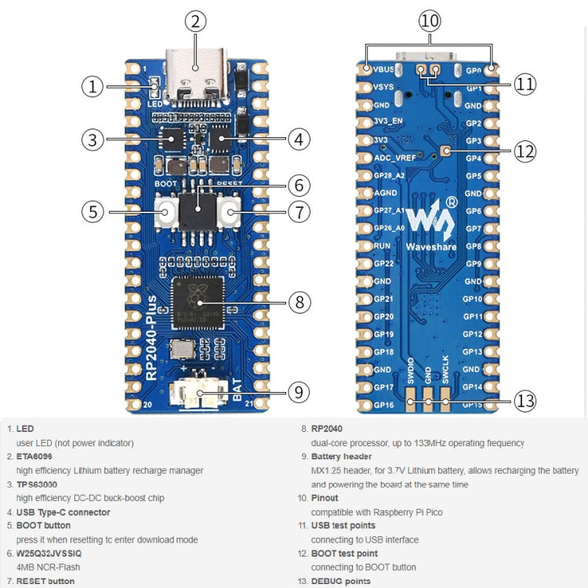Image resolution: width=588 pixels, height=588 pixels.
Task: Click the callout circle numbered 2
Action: click(x=196, y=21)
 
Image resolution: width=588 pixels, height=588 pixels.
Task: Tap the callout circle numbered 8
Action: click(x=299, y=301)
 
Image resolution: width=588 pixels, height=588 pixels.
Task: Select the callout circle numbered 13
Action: click(x=524, y=401)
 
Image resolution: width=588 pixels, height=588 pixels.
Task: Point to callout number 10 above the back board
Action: click(x=430, y=21)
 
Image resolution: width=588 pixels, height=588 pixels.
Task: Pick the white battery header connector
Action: click(x=201, y=395)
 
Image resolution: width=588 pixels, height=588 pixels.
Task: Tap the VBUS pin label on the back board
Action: click(x=386, y=71)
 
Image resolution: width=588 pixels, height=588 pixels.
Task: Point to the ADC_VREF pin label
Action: click(x=394, y=158)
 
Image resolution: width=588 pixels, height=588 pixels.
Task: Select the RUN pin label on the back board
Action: click(x=383, y=245)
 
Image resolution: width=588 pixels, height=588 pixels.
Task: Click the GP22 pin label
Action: click(x=383, y=263)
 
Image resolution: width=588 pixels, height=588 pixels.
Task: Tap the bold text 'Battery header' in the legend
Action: click(x=342, y=456)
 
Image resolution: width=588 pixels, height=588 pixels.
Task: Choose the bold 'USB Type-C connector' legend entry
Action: click(x=64, y=512)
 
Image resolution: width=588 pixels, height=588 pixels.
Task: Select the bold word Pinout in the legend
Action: click(x=325, y=498)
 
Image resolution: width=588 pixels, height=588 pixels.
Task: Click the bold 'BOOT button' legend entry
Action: click(x=43, y=525)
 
